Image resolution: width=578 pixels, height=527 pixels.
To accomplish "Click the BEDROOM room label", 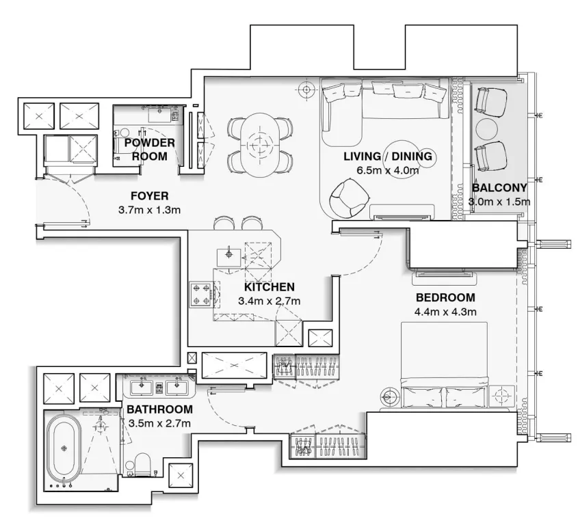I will pyautogui.click(x=445, y=298).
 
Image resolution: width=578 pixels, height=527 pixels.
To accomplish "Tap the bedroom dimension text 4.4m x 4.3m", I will pyautogui.click(x=445, y=312).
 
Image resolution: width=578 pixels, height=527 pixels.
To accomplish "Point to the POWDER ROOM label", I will pyautogui.click(x=149, y=149).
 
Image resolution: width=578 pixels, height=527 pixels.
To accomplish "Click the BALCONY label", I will pyautogui.click(x=499, y=188).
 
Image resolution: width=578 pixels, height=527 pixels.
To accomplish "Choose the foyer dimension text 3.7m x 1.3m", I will pyautogui.click(x=149, y=210).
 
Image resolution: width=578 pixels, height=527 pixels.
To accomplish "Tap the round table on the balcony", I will pyautogui.click(x=488, y=129).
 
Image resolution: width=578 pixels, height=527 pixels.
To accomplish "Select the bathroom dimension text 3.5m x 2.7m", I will pyautogui.click(x=159, y=424).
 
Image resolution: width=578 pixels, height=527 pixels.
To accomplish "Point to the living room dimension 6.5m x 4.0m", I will pyautogui.click(x=387, y=171).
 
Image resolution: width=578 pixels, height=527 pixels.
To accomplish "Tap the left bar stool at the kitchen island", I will pyautogui.click(x=224, y=224).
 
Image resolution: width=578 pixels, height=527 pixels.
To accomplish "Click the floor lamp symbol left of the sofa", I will pyautogui.click(x=306, y=88).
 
